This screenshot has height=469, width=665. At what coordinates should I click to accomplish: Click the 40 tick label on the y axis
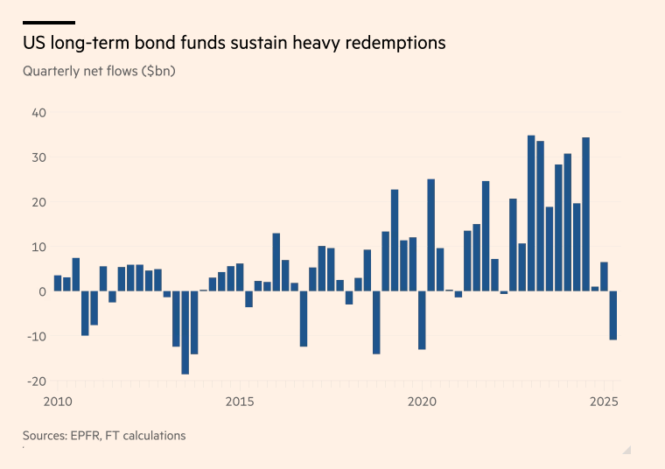point(39,113)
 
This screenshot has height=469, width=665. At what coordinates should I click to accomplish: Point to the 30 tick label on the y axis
point(39,157)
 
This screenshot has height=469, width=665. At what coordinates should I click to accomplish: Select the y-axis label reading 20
point(39,202)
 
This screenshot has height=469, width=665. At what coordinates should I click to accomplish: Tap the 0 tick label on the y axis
point(43,291)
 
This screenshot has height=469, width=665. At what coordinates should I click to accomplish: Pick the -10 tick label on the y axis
point(37,336)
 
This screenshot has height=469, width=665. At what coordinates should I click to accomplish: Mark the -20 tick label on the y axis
point(37,381)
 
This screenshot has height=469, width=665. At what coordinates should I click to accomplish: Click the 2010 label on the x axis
point(57,402)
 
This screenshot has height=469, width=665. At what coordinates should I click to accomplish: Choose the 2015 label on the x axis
point(240,402)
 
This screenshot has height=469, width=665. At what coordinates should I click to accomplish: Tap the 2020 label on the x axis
point(423,402)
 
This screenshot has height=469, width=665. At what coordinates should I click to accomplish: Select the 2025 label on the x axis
point(605,402)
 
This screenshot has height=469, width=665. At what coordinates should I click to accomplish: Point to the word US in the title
point(35,43)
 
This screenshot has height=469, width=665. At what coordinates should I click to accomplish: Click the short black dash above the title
point(48,23)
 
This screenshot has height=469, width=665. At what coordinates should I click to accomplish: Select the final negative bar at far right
point(613,315)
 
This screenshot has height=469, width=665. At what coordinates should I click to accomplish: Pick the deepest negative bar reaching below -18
point(185,332)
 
